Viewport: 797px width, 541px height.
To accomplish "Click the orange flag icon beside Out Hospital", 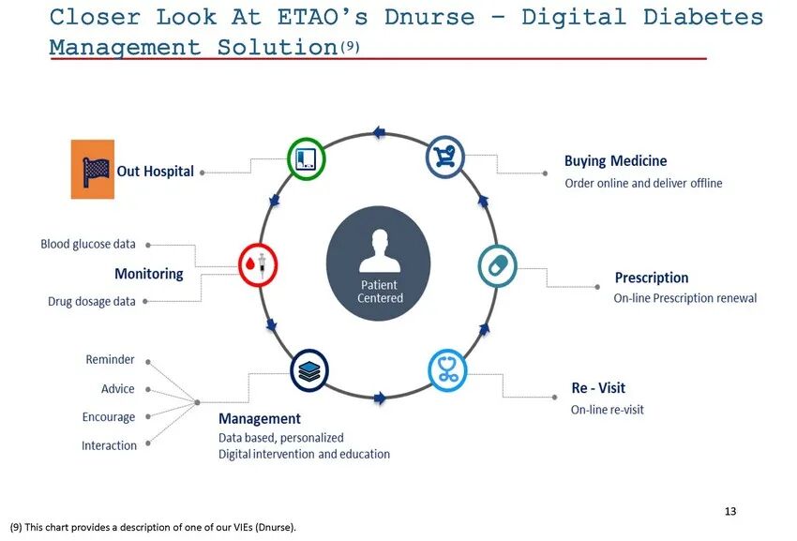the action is (x=92, y=169).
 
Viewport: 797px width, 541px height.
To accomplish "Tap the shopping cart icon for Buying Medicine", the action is (x=444, y=158).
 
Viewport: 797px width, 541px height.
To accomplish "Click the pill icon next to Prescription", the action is (x=498, y=265).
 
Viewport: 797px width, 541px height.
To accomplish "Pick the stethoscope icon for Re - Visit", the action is (x=447, y=369).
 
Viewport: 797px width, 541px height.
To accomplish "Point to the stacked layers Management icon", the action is (x=309, y=369).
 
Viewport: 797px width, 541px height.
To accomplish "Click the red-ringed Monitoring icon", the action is (x=258, y=265).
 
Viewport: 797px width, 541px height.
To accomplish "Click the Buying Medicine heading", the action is (x=615, y=161).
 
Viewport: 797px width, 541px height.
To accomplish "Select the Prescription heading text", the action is (x=651, y=278).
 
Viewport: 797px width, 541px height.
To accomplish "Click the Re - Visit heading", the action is (x=598, y=388).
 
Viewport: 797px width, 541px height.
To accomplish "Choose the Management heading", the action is (x=260, y=419).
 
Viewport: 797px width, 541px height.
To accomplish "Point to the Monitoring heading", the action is (x=149, y=274).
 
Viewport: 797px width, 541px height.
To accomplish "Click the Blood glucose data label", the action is (x=88, y=244).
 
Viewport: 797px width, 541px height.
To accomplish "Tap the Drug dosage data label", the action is (x=92, y=302).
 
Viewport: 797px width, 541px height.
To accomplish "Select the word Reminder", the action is (x=110, y=360).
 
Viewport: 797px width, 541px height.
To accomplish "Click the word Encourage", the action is (x=109, y=417).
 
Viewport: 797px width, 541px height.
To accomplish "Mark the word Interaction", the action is (x=109, y=445).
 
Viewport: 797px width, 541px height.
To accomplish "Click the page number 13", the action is (x=730, y=511).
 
